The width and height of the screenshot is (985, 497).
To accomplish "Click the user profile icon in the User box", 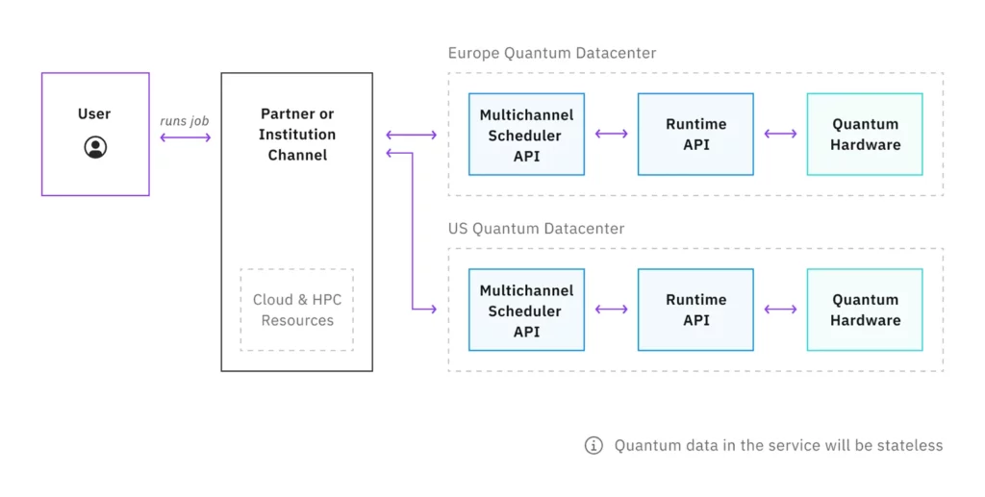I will tap(95, 147).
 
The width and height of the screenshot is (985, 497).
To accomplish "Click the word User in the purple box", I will tap(94, 114).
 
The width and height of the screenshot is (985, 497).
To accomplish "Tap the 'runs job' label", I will tap(185, 121).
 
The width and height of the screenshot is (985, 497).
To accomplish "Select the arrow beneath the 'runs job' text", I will tap(185, 137).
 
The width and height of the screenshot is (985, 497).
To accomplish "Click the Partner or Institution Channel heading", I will tap(297, 135).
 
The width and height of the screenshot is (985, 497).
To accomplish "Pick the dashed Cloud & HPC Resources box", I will tap(297, 310).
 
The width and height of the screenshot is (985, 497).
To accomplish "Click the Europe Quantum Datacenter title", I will tap(552, 54).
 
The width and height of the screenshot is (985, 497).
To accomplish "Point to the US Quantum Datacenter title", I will tap(536, 229).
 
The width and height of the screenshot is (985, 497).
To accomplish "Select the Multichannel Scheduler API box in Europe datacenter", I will tap(526, 135).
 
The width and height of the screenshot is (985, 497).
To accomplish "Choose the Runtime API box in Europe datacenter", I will tap(695, 135).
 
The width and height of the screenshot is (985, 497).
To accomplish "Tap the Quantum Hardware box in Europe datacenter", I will tap(865, 135).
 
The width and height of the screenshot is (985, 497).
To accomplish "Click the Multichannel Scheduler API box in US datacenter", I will tap(526, 310).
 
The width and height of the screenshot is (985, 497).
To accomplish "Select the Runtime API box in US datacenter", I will tap(695, 310).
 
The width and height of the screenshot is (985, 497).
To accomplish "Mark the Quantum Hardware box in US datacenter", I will tap(865, 310).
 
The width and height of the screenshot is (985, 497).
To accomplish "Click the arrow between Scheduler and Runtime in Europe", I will tap(611, 134).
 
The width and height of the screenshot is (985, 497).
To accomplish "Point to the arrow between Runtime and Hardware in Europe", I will tap(780, 134).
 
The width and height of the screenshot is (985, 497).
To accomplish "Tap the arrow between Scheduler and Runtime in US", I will tap(611, 310).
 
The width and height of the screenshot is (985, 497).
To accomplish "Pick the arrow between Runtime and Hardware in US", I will tap(780, 310).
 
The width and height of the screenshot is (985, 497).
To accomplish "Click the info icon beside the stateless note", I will tap(594, 445).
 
